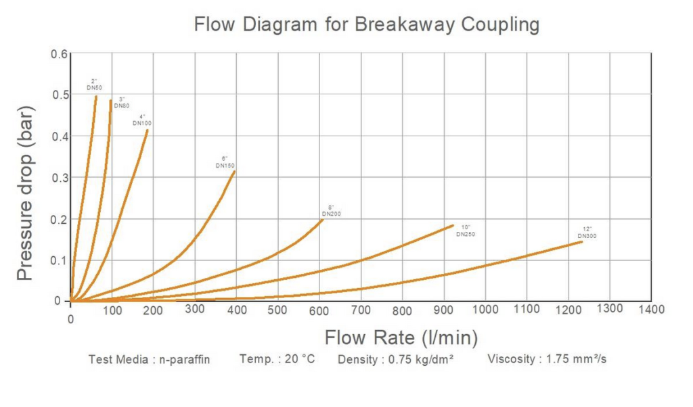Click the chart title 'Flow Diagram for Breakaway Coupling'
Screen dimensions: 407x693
366,25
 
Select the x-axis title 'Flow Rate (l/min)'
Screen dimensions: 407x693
401,337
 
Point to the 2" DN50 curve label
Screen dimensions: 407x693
93,85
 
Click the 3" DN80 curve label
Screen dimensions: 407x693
121,103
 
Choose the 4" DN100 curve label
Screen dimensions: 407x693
142,120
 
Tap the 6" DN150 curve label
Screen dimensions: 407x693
225,162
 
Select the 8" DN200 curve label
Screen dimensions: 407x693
332,210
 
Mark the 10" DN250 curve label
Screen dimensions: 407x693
466,231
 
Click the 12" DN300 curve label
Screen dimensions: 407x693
587,233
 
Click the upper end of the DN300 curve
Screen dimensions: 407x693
582,241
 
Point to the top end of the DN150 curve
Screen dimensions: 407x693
234,172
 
